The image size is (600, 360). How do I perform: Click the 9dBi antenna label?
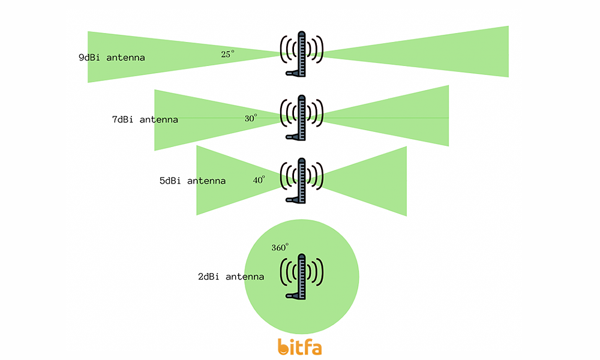(112, 58)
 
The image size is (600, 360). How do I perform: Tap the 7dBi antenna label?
(145, 119)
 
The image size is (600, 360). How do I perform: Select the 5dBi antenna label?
(193, 181)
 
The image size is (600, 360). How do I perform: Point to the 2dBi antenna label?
(231, 276)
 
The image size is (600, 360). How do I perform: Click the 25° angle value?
(227, 54)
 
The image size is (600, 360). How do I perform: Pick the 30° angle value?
(251, 118)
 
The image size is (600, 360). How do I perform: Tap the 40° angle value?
(259, 180)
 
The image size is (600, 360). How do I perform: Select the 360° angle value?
(280, 248)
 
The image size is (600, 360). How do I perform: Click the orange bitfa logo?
(299, 347)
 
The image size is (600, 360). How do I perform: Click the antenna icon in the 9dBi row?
(302, 53)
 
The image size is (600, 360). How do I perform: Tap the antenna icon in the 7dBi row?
(302, 118)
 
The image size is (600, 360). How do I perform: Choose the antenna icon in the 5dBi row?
(302, 181)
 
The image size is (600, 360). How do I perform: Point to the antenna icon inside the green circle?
(302, 276)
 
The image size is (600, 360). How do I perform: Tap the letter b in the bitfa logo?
(284, 347)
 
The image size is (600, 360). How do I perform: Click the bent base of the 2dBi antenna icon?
(293, 295)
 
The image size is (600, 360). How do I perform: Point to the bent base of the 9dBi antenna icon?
(293, 73)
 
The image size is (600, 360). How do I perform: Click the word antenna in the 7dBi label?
(159, 120)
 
